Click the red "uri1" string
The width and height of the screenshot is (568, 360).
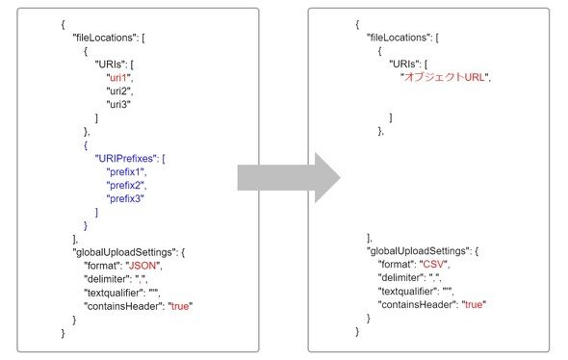click(x=118, y=78)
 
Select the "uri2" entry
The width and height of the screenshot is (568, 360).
click(x=119, y=90)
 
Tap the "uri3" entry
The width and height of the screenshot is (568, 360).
click(x=118, y=104)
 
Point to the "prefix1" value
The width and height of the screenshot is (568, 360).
click(x=126, y=172)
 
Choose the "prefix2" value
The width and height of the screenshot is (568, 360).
click(x=126, y=186)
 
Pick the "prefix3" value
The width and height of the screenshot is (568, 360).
click(x=125, y=199)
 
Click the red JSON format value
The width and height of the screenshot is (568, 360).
click(x=142, y=266)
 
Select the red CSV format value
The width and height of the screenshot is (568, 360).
click(x=433, y=265)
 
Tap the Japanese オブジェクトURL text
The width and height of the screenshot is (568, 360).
click(x=444, y=77)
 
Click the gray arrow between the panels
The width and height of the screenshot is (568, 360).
click(x=289, y=177)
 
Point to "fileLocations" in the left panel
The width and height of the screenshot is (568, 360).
click(x=104, y=38)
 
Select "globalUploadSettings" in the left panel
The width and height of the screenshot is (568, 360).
click(x=124, y=252)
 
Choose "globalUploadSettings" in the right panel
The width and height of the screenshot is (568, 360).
click(x=418, y=251)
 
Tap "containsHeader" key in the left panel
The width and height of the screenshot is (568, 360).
click(x=123, y=306)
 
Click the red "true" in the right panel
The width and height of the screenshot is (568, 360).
click(x=474, y=304)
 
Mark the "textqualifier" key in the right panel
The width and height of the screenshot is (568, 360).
click(x=407, y=292)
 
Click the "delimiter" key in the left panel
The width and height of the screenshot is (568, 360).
click(x=108, y=279)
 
